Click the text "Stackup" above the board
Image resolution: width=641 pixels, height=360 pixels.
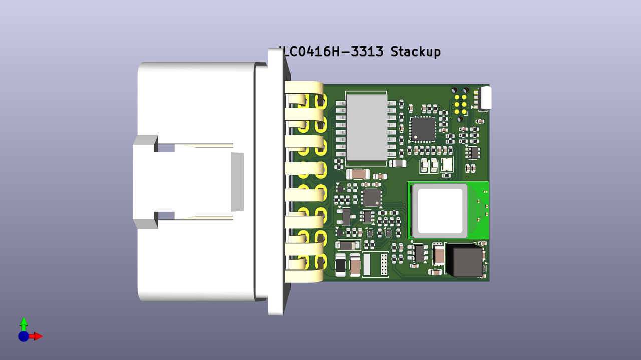click(415, 52)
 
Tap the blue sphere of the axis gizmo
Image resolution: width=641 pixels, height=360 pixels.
click(23, 336)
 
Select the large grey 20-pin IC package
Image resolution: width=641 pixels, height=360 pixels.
click(366, 128)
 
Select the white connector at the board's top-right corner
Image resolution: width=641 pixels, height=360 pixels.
click(485, 98)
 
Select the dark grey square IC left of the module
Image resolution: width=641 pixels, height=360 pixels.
click(371, 197)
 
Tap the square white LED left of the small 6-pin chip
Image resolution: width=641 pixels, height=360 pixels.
click(447, 164)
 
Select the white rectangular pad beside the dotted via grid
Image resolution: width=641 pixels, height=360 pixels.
click(367, 264)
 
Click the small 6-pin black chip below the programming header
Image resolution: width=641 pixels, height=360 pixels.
click(472, 152)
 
